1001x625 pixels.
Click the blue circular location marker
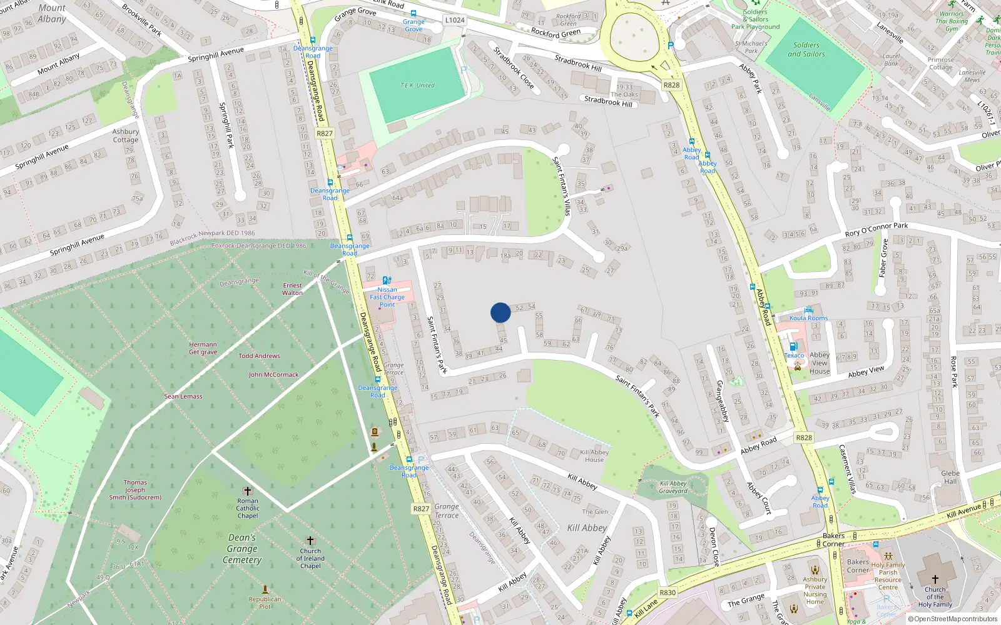500,312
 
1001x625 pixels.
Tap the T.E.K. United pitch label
417,86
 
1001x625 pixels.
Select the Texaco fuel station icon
793,346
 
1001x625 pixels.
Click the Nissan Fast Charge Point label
387,297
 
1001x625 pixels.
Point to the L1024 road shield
455,20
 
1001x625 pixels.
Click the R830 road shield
668,592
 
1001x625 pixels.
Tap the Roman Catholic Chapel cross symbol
248,491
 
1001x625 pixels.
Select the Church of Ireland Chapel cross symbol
310,541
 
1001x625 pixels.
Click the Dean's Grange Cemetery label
242,549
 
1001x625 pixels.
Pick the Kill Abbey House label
594,456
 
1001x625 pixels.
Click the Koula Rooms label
808,318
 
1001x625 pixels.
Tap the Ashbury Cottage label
126,136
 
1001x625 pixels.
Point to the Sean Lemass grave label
183,396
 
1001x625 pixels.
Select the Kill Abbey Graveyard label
673,487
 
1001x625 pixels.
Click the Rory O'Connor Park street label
876,229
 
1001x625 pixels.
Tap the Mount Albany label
52,13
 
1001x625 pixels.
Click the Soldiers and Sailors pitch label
806,49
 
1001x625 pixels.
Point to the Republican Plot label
265,602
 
